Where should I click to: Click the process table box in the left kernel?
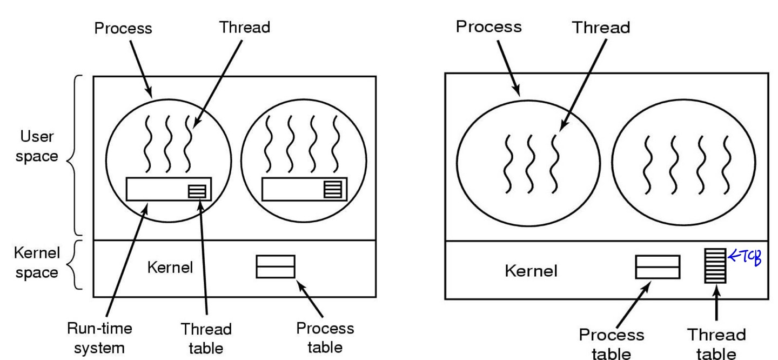click(276, 266)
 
